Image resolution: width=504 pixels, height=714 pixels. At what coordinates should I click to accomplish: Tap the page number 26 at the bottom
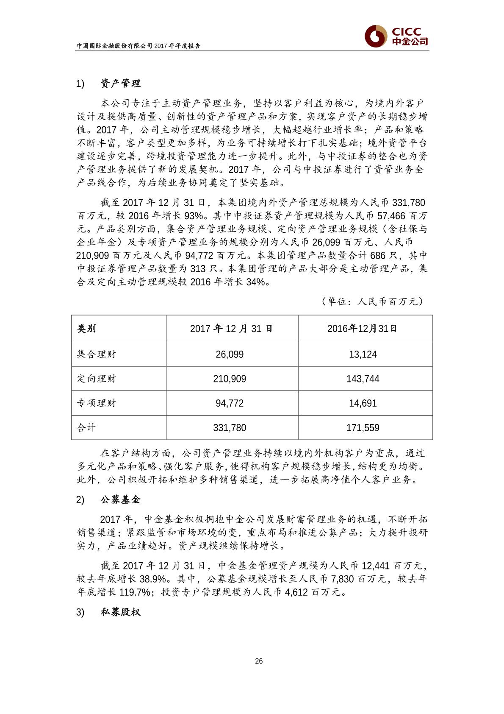pyautogui.click(x=259, y=661)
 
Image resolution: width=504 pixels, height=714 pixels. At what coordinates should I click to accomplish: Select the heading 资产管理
pyautogui.click(x=121, y=84)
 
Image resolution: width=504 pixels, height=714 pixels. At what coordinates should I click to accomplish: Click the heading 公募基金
pyautogui.click(x=121, y=500)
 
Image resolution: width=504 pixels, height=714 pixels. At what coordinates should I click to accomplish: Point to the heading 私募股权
pyautogui.click(x=121, y=612)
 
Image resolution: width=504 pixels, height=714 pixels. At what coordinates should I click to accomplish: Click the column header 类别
pyautogui.click(x=86, y=329)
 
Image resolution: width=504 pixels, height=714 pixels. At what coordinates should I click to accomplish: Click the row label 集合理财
pyautogui.click(x=96, y=354)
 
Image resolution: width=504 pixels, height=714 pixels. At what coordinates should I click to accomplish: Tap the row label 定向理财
pyautogui.click(x=96, y=379)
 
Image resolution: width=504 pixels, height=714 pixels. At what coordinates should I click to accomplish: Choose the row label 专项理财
pyautogui.click(x=96, y=403)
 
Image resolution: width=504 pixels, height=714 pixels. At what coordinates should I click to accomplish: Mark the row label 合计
pyautogui.click(x=86, y=427)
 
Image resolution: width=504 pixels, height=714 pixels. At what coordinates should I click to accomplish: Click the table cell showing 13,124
pyautogui.click(x=363, y=354)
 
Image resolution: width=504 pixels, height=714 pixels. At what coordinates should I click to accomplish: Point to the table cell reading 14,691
pyautogui.click(x=363, y=403)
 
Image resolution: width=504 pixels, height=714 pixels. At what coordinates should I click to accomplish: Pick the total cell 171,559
pyautogui.click(x=363, y=428)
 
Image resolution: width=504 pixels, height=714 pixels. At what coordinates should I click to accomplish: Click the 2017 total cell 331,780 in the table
pyautogui.click(x=230, y=428)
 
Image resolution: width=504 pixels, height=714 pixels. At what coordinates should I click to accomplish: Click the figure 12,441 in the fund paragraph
pyautogui.click(x=377, y=566)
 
